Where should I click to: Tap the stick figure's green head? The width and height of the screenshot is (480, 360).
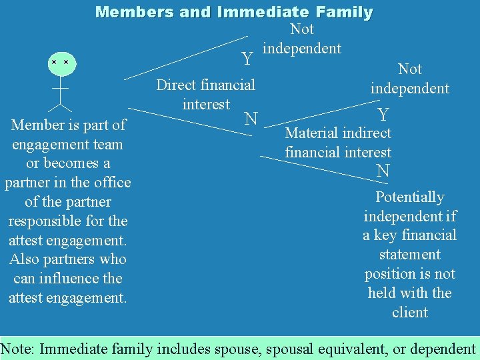(x=60, y=62)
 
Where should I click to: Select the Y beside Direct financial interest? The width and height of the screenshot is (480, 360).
(x=247, y=59)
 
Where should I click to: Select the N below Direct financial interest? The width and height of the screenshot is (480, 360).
(x=251, y=119)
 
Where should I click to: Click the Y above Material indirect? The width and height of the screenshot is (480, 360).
(x=383, y=115)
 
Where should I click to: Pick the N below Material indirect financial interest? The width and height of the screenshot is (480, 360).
(x=383, y=171)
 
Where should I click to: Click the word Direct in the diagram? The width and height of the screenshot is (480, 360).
(x=176, y=85)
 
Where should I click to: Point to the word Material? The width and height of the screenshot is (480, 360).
(x=311, y=133)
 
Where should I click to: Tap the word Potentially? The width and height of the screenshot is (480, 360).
(x=409, y=197)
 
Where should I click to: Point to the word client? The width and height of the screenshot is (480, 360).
(x=409, y=313)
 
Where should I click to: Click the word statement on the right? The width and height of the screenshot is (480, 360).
(x=409, y=255)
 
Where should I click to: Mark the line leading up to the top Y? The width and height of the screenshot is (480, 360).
(x=186, y=57)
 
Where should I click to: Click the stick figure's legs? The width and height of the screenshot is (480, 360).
(x=61, y=104)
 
